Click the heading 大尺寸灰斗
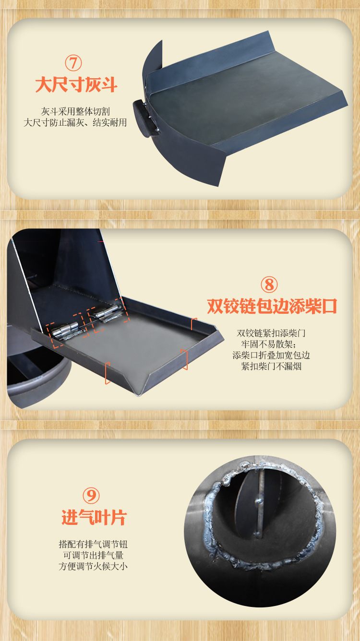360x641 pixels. click(x=76, y=85)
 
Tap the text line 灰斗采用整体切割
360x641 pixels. click(x=75, y=111)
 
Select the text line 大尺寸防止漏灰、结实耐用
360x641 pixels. click(x=75, y=122)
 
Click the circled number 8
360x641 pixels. click(x=269, y=285)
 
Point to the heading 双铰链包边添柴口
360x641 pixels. click(x=272, y=306)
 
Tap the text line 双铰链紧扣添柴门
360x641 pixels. click(x=272, y=333)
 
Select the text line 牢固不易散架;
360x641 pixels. click(x=271, y=344)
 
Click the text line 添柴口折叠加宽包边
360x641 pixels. click(x=272, y=355)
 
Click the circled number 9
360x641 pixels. click(x=91, y=495)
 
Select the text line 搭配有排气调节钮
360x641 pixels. click(x=93, y=545)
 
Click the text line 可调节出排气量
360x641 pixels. click(x=93, y=556)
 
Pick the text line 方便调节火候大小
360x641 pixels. click(x=93, y=567)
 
